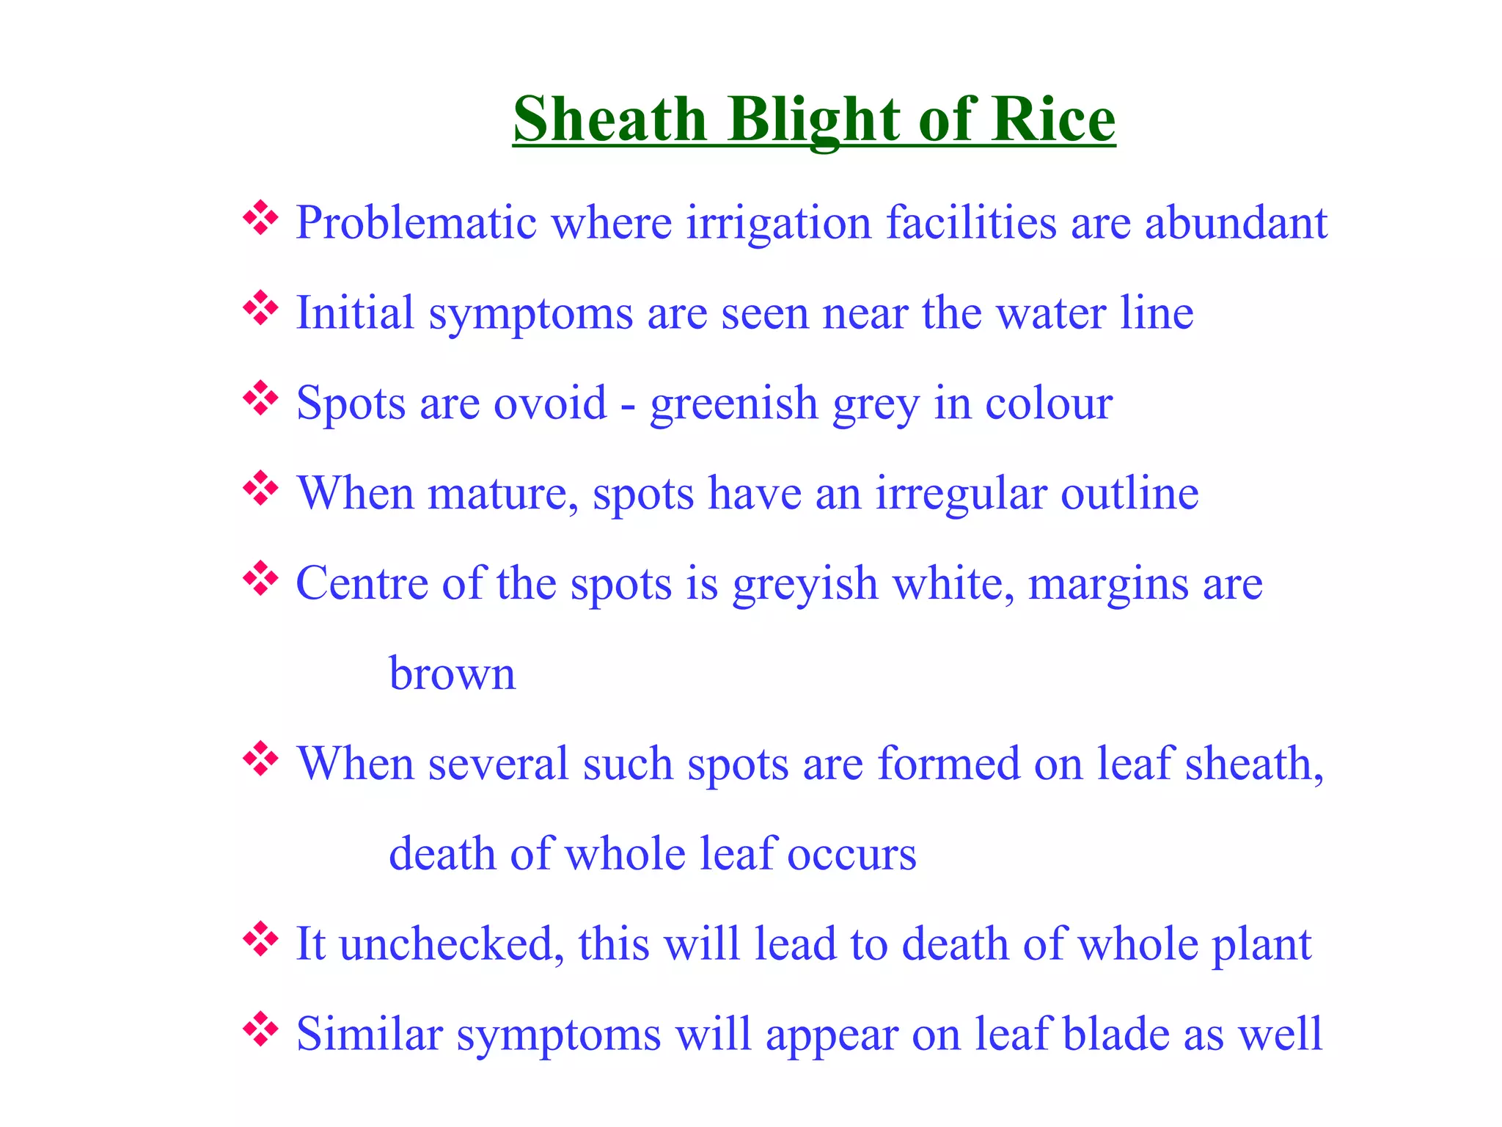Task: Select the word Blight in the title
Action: pyautogui.click(x=814, y=120)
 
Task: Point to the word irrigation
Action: pyautogui.click(x=778, y=224)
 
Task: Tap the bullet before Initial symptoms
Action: pyautogui.click(x=260, y=308)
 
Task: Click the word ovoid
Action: pyautogui.click(x=550, y=403)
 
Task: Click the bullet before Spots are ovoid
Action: pyautogui.click(x=260, y=398)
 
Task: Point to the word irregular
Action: pyautogui.click(x=961, y=495)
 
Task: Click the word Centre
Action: pyautogui.click(x=362, y=584)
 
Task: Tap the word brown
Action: pyautogui.click(x=452, y=674)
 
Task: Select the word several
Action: pyautogui.click(x=499, y=764)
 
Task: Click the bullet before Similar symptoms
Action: pyautogui.click(x=260, y=1029)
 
